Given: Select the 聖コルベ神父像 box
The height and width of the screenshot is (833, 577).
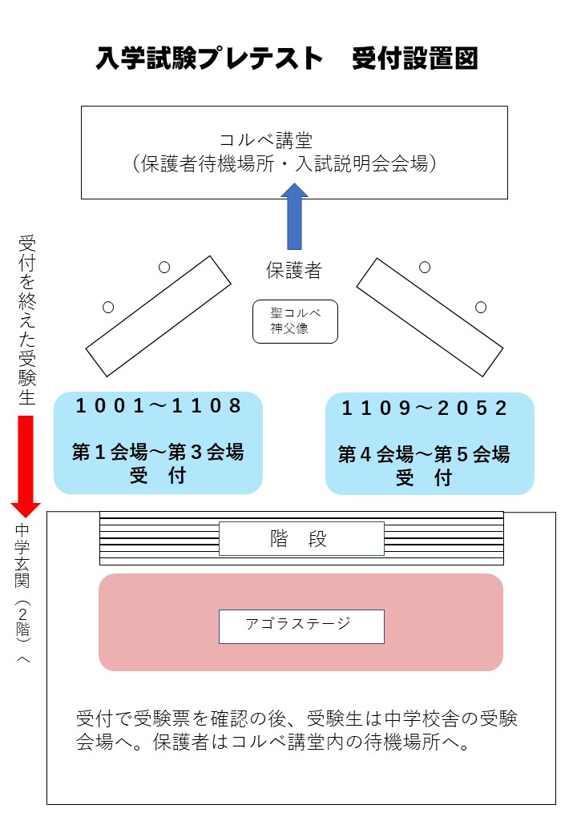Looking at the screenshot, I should pos(295,321).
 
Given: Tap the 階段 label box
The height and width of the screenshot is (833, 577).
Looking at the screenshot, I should pos(301,539).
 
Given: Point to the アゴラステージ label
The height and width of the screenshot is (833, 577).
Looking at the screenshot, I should pos(301,626).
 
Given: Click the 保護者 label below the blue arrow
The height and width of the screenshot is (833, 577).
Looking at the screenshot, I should pos(294,271).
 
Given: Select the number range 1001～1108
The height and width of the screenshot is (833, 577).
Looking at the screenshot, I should pos(158,406).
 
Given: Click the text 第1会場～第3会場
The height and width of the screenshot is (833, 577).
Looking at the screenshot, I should pos(158,452).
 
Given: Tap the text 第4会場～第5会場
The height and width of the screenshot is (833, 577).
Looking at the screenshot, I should pos(424,455).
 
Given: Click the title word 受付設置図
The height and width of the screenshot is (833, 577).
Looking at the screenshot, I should pos(415,59).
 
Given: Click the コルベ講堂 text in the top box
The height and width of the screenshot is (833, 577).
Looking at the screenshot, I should pos(266,140).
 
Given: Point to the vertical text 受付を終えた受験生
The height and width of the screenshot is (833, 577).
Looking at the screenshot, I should pos(26,320).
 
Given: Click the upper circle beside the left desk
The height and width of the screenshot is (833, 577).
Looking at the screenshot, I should pos(164,268).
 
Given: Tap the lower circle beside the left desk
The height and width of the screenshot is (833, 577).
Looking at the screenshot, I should pos(109,307).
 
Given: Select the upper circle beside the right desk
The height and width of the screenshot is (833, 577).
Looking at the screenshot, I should pos(425,268).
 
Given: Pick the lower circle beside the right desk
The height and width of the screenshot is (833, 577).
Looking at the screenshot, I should pos(481,307).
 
